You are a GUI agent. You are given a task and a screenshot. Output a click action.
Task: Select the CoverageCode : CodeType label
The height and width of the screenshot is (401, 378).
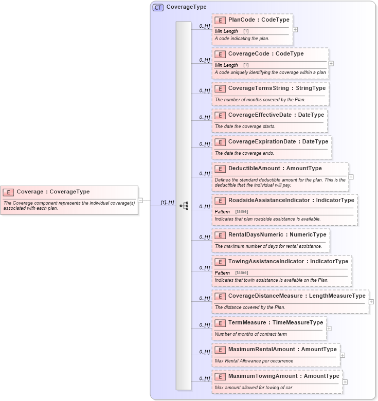[265, 53]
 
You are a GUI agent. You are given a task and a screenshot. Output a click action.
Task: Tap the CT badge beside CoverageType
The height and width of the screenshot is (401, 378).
[158, 7]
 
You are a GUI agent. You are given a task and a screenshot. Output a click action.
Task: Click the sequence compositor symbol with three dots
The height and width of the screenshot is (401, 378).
[184, 206]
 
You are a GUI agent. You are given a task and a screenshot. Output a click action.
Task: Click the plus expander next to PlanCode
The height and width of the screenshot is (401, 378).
[295, 29]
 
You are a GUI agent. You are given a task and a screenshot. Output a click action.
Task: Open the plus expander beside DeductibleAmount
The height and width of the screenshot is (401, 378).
[351, 176]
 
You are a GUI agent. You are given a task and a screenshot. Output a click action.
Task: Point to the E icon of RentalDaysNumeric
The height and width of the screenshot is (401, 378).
[220, 235]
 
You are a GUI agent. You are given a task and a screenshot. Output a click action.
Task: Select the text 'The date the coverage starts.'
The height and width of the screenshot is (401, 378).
[245, 126]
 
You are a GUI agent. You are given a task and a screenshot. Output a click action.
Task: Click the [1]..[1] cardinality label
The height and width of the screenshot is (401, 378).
[167, 203]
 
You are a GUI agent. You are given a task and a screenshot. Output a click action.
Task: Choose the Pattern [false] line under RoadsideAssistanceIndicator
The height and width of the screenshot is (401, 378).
[231, 212]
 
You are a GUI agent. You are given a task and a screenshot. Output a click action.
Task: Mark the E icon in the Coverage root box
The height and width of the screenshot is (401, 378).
[8, 192]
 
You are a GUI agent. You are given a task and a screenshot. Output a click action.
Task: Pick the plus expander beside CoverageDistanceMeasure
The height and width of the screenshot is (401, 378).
[371, 302]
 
